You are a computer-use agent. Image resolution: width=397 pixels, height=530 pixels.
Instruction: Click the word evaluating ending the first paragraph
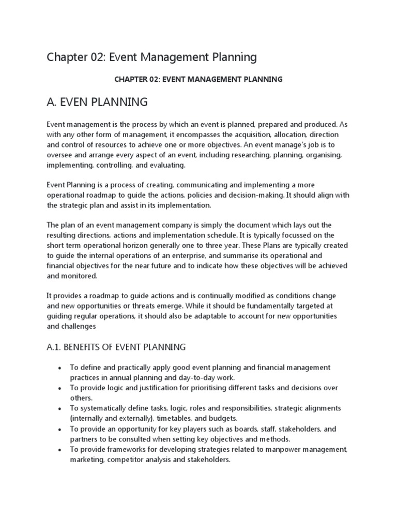tap(166, 165)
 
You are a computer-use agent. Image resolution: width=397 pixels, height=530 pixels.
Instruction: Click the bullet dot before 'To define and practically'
tap(60, 367)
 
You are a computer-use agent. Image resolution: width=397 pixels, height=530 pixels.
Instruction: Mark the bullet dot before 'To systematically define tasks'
tap(60, 408)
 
